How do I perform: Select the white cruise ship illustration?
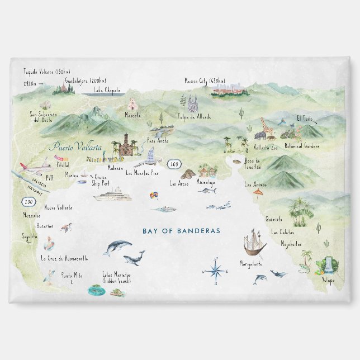tap(112, 196)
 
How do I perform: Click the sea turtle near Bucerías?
tap(67, 227)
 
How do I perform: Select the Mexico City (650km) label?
tap(206, 81)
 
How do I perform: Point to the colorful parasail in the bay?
tap(151, 196)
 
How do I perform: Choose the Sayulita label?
tap(30, 236)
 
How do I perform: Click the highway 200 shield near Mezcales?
tap(28, 202)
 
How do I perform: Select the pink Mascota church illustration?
tap(132, 104)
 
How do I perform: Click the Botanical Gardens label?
tap(302, 146)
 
